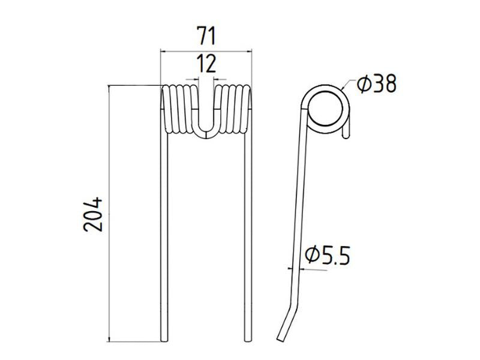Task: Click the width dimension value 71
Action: (x=206, y=37)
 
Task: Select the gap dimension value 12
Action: (x=206, y=63)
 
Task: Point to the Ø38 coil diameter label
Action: (x=376, y=85)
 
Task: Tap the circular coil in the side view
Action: (x=326, y=107)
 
